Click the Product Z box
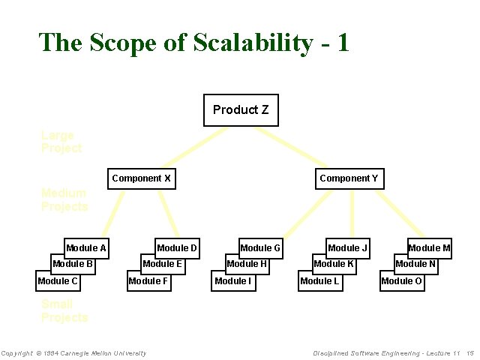point(240,110)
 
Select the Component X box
point(142,178)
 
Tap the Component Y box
point(349,178)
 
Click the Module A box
point(87,247)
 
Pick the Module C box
point(58,281)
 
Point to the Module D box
point(177,247)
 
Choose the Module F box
point(148,281)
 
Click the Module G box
point(260,247)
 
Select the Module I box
point(232,281)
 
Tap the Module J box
point(348,247)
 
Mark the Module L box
point(319,281)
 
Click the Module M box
point(429,247)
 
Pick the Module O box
point(401,281)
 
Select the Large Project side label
point(61,142)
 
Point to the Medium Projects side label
point(64,199)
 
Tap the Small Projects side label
point(64,310)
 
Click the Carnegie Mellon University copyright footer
point(73,353)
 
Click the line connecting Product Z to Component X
point(195,146)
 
